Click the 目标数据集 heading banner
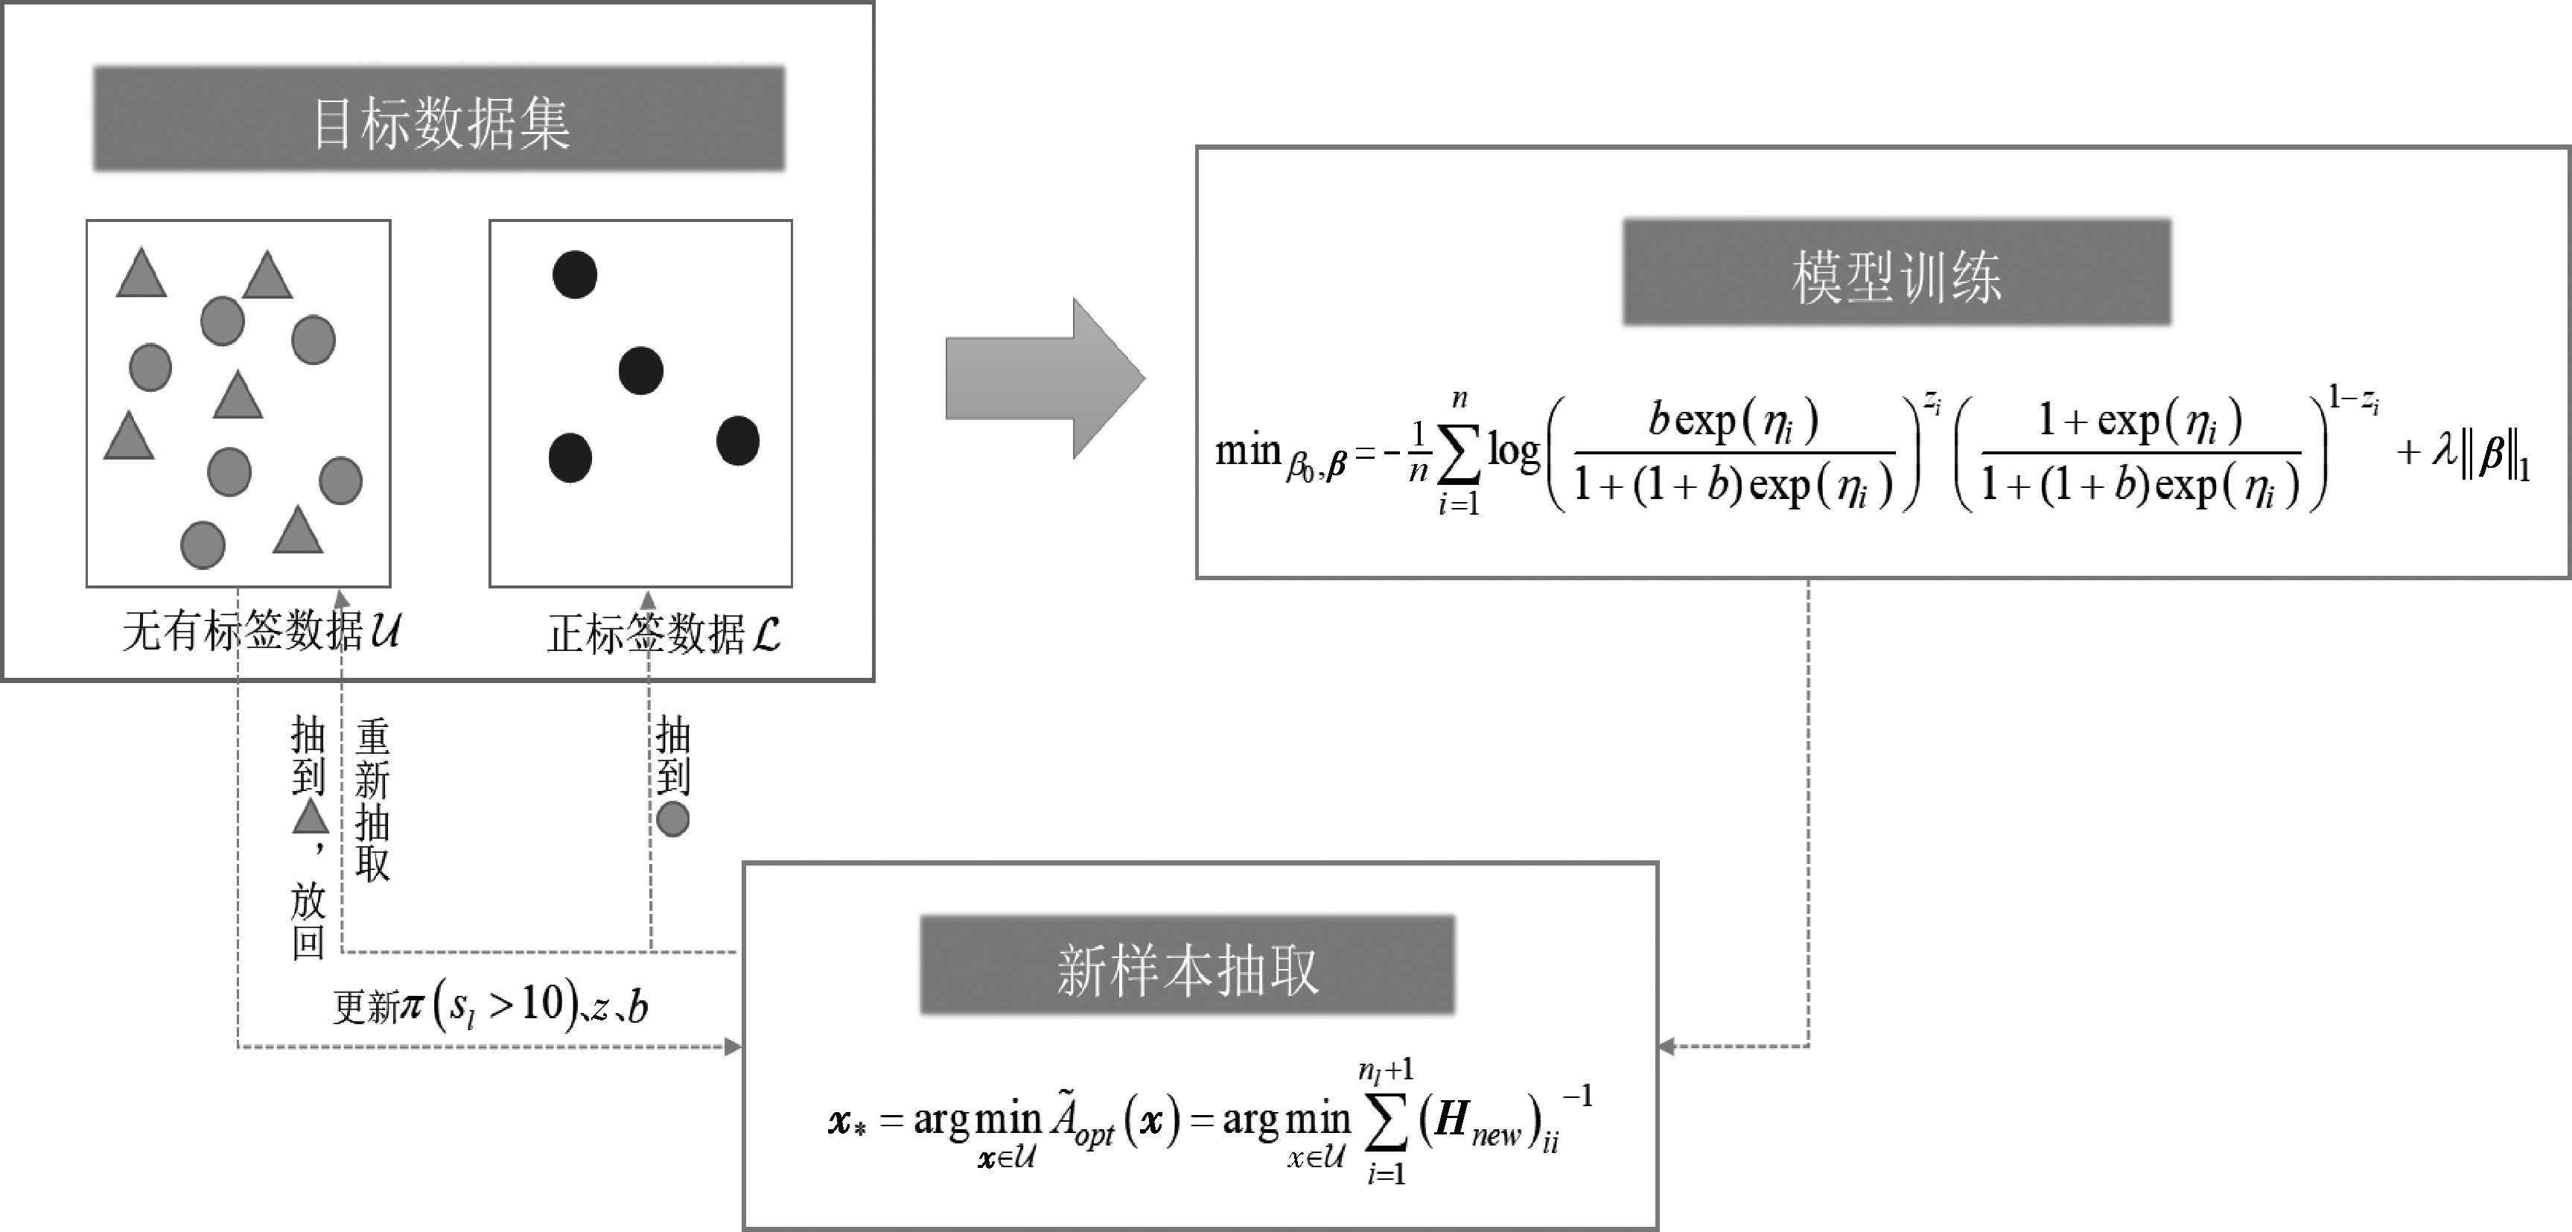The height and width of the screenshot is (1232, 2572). [x=439, y=120]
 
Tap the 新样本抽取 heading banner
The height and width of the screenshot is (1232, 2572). [x=1187, y=966]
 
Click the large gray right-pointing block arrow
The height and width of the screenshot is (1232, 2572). [x=1043, y=378]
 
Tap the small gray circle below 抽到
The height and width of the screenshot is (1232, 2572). [x=673, y=819]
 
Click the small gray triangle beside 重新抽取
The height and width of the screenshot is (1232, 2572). [x=310, y=816]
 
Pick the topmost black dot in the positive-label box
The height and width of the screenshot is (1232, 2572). [x=575, y=275]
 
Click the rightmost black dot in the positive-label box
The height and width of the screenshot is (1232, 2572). [x=738, y=440]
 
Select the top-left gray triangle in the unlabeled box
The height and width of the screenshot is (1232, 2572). [x=141, y=273]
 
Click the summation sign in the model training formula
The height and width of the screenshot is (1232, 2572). [x=1459, y=455]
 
